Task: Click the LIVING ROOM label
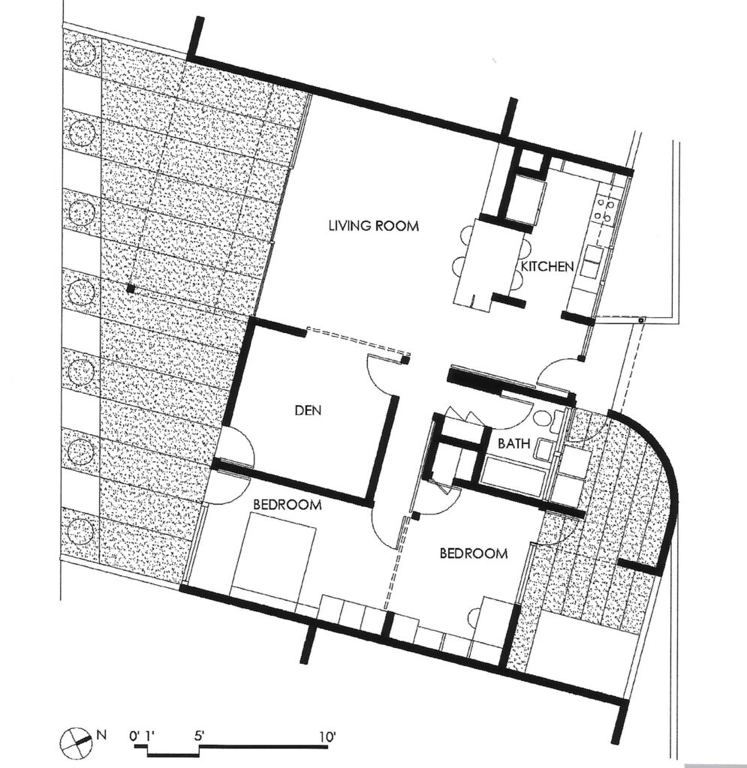pyautogui.click(x=374, y=226)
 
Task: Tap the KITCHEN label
pyautogui.click(x=547, y=266)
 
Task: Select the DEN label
pyautogui.click(x=308, y=410)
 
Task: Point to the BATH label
pyautogui.click(x=514, y=444)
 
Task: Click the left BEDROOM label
pyautogui.click(x=288, y=504)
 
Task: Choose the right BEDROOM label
pyautogui.click(x=474, y=553)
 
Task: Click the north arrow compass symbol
pyautogui.click(x=73, y=738)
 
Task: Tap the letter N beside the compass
pyautogui.click(x=101, y=734)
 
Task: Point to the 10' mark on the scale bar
pyautogui.click(x=327, y=736)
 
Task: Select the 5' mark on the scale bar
pyautogui.click(x=198, y=736)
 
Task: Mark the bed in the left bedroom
pyautogui.click(x=273, y=555)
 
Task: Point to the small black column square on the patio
pyautogui.click(x=131, y=289)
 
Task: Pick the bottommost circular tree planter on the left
pyautogui.click(x=80, y=531)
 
